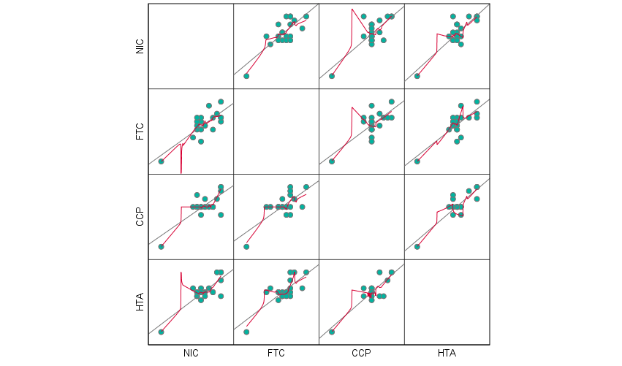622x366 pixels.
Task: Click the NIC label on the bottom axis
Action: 191,354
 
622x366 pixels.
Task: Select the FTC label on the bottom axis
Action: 276,354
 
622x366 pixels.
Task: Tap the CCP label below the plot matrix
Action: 361,354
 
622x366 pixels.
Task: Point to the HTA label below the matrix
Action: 447,354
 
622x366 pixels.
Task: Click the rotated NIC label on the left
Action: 140,46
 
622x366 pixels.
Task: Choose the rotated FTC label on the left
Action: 140,131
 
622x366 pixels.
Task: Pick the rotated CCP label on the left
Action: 140,217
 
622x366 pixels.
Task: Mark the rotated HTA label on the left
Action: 140,302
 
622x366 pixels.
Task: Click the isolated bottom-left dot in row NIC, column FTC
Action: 246,76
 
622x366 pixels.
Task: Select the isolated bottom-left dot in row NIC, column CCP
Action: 332,76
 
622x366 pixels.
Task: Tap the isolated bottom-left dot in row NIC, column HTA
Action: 417,76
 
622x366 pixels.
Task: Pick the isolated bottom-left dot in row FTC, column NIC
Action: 161,161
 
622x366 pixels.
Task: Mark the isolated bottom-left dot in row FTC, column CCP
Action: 332,161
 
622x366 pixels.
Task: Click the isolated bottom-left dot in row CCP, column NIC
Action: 161,247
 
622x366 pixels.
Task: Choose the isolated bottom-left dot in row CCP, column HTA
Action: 417,247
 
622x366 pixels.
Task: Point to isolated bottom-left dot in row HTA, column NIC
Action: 161,332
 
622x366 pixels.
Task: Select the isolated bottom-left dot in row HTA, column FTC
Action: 246,332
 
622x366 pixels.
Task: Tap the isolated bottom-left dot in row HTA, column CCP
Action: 332,332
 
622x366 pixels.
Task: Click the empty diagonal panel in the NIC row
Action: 191,46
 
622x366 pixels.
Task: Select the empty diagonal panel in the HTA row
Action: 447,302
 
